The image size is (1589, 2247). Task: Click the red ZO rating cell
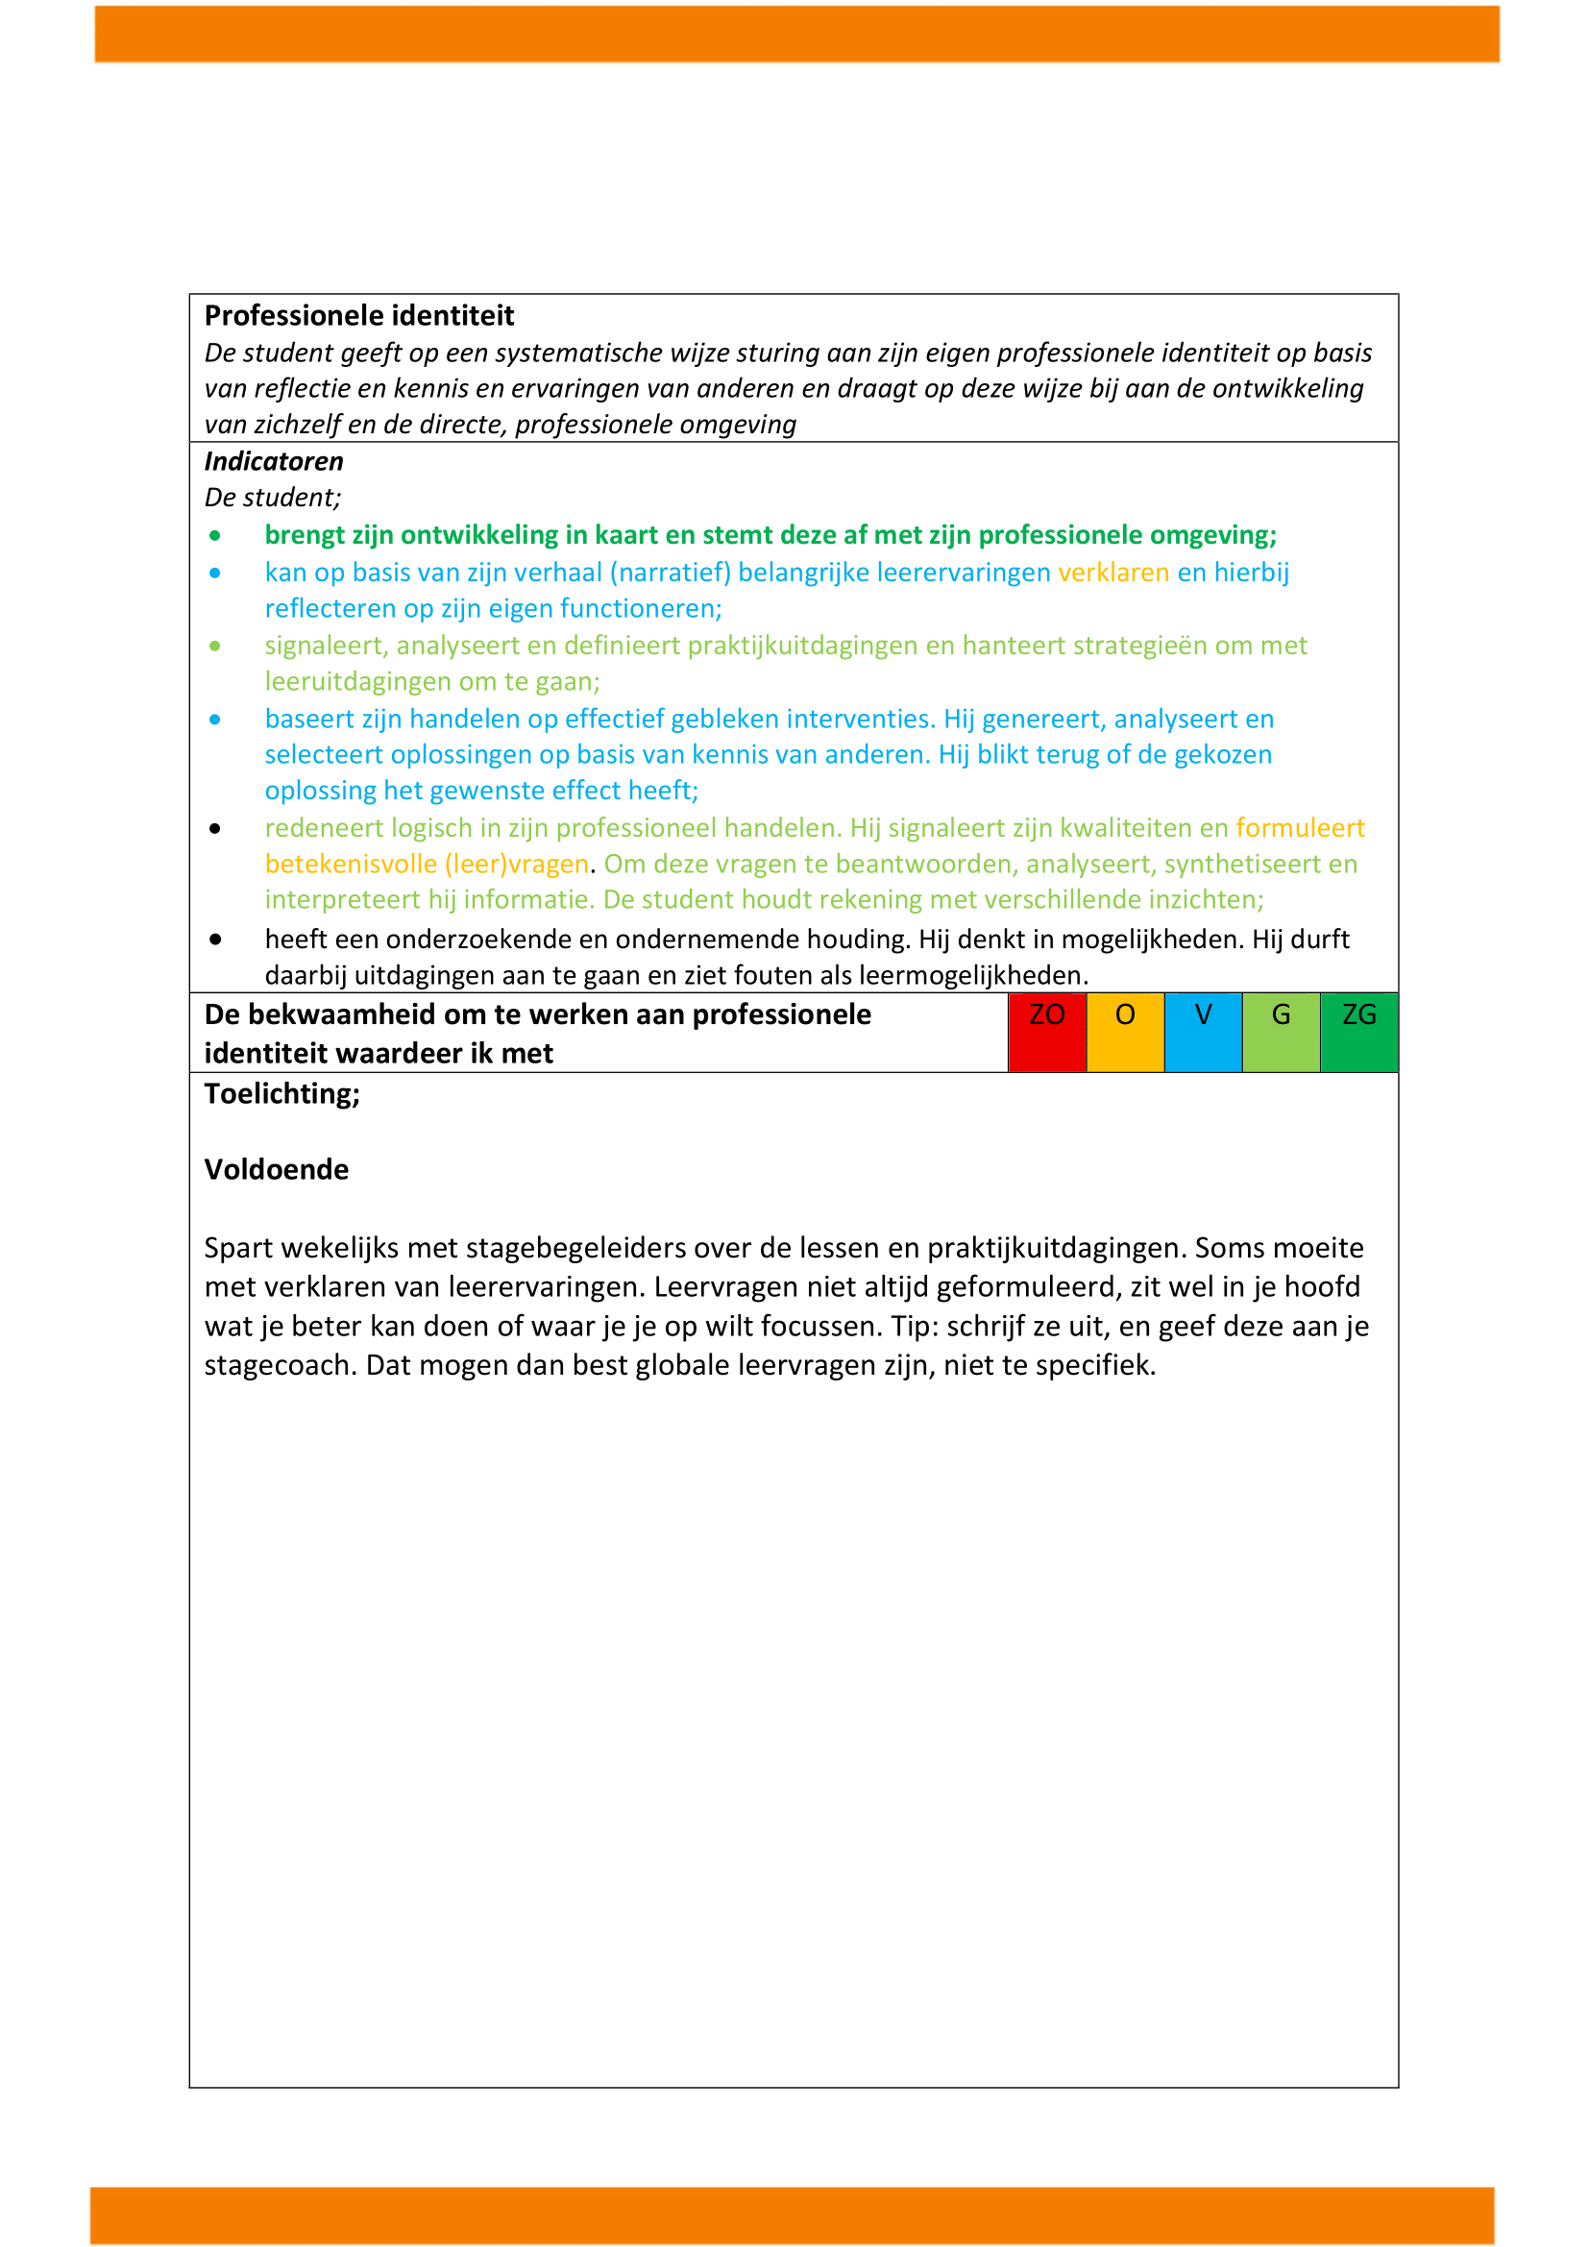click(x=1047, y=1033)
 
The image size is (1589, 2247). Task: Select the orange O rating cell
click(x=1125, y=1033)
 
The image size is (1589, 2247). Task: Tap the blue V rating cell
click(x=1204, y=1033)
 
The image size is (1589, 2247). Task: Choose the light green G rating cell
click(x=1281, y=1033)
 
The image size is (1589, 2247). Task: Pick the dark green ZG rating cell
click(x=1359, y=1033)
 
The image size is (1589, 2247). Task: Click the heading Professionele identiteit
click(x=359, y=316)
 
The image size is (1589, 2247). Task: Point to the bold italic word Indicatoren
click(x=274, y=462)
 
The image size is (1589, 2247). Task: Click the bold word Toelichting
click(x=281, y=1094)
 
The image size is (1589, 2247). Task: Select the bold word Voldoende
click(x=276, y=1169)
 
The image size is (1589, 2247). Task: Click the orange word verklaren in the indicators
click(x=1113, y=573)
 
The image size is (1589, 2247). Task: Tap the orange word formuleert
click(x=1301, y=828)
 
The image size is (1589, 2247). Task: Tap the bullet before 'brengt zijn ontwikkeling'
click(x=215, y=536)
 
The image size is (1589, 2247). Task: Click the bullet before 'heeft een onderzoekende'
click(x=215, y=940)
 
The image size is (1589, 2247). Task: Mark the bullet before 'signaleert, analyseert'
click(x=215, y=646)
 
